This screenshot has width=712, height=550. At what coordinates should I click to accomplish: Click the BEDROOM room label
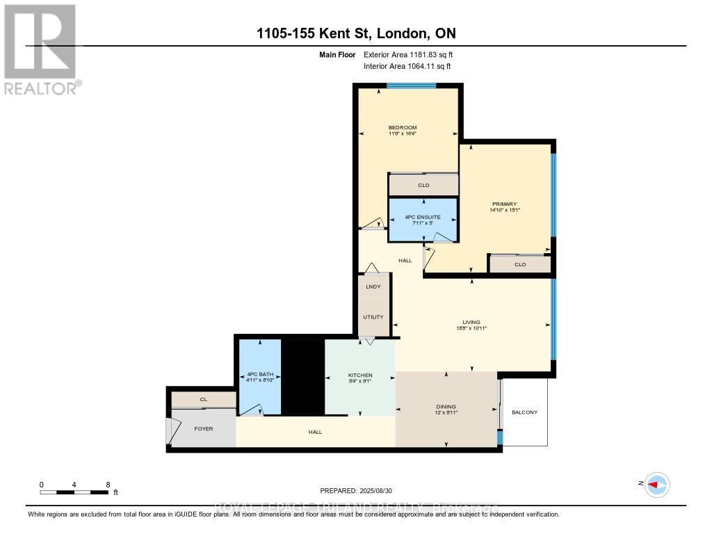[x=402, y=127]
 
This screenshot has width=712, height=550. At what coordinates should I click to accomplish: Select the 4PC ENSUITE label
[x=423, y=217]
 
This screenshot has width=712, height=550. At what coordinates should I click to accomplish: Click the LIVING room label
[x=471, y=322]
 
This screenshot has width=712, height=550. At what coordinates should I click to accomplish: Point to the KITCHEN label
[x=360, y=375]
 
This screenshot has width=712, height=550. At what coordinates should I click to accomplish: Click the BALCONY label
[x=525, y=412]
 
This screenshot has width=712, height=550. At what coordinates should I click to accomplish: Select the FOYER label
[x=203, y=428]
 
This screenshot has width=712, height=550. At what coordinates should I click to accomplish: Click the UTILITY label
[x=373, y=317]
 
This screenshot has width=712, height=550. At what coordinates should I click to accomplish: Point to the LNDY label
[x=373, y=286]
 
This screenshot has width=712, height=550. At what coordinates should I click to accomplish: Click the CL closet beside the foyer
[x=203, y=399]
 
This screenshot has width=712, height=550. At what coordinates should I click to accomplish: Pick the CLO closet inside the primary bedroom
[x=519, y=264]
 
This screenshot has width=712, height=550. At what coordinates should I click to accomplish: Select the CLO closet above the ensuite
[x=423, y=185]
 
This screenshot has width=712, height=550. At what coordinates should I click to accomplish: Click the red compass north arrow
[x=656, y=484]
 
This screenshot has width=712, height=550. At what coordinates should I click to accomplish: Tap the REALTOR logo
[x=41, y=49]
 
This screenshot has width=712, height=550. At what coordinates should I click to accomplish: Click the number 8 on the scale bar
[x=107, y=484]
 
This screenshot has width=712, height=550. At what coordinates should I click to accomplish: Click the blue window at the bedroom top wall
[x=411, y=86]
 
